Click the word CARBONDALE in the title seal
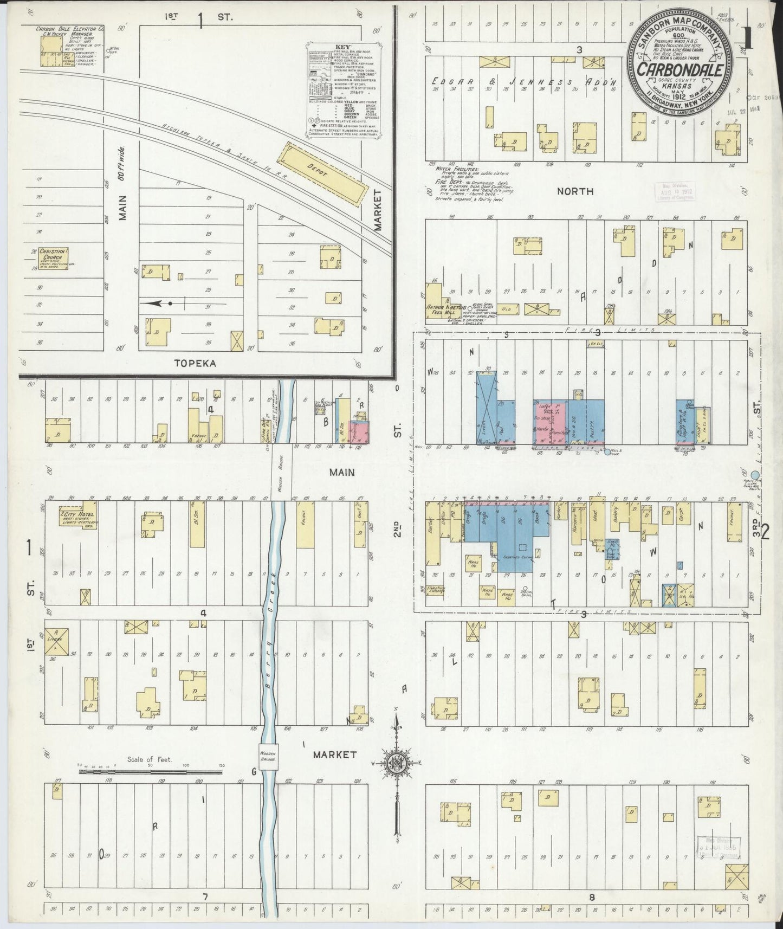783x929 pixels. point(681,70)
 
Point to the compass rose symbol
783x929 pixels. point(397,763)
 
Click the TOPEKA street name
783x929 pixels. point(196,364)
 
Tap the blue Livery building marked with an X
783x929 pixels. point(486,408)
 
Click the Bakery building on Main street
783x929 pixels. point(615,519)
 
